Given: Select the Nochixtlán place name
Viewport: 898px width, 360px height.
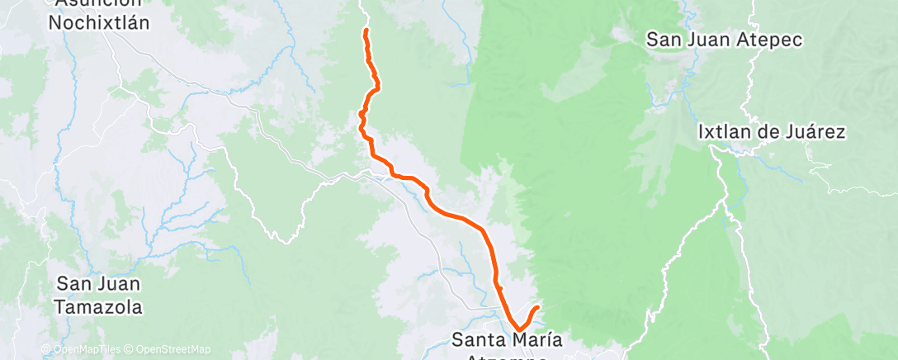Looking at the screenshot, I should tap(99, 22).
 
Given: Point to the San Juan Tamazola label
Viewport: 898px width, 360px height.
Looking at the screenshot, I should tap(99, 296).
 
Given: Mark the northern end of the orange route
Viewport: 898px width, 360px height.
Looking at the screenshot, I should tap(365, 31).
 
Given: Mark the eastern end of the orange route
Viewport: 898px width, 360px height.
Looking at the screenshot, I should tap(538, 307).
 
